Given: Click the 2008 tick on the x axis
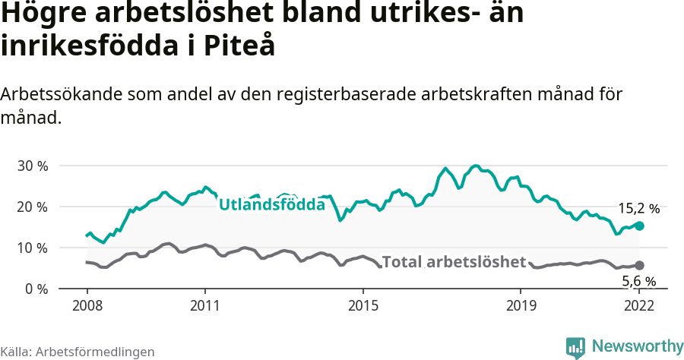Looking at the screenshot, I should [x=87, y=306].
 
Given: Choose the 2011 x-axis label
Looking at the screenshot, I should [x=205, y=306].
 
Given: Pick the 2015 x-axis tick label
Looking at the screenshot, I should [x=363, y=306].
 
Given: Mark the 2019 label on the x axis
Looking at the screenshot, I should [x=521, y=306].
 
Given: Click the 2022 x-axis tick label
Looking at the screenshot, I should [x=639, y=306].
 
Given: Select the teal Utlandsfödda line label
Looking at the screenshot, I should [x=272, y=204].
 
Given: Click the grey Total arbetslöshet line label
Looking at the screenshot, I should [x=454, y=262].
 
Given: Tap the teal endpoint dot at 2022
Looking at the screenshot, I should [x=640, y=226].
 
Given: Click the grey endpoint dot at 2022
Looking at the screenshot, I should [x=640, y=265].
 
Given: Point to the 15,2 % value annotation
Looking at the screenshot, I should [x=638, y=207].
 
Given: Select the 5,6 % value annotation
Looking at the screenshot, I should [x=639, y=282].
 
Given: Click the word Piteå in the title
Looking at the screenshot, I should [x=239, y=46].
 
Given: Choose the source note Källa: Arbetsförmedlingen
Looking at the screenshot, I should [x=78, y=352].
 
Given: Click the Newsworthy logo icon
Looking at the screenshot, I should [x=575, y=347].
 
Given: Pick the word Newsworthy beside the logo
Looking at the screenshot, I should [x=637, y=346].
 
